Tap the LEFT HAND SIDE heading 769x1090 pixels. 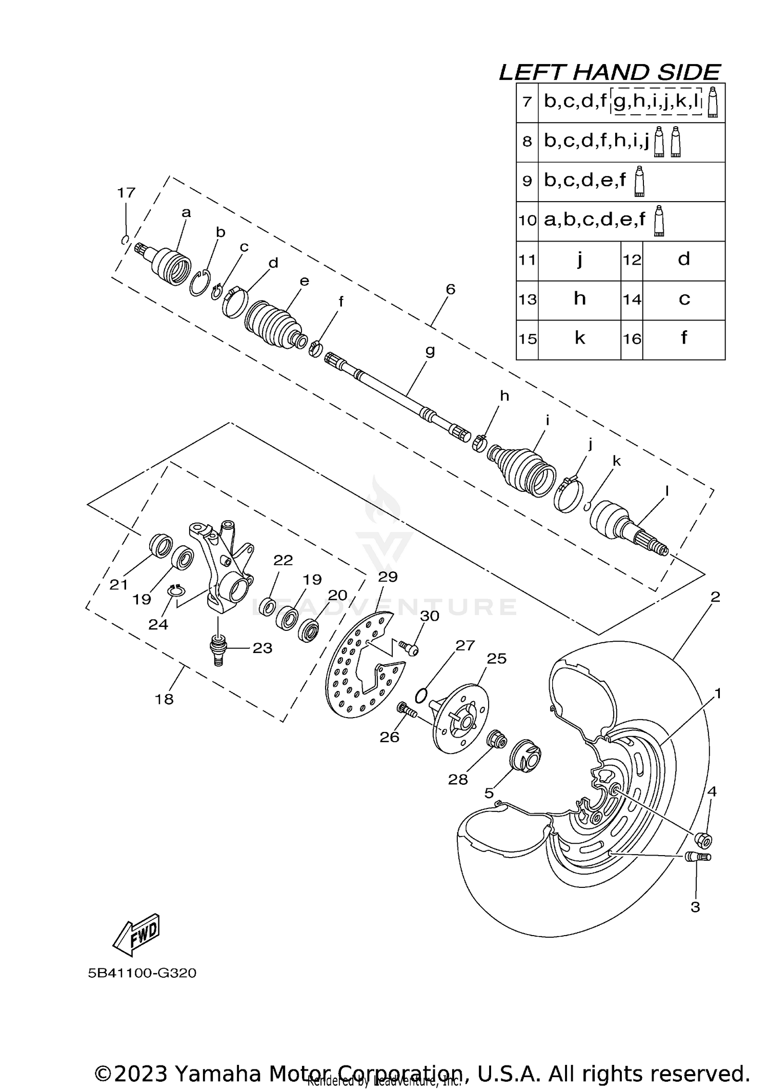(610, 72)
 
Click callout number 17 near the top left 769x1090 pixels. (126, 193)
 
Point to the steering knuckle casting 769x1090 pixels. (223, 564)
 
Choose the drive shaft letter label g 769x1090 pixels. (430, 351)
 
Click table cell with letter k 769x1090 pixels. (579, 338)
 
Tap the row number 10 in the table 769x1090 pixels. (527, 221)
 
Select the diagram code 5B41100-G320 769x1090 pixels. (142, 973)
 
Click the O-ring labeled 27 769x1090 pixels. (421, 696)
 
